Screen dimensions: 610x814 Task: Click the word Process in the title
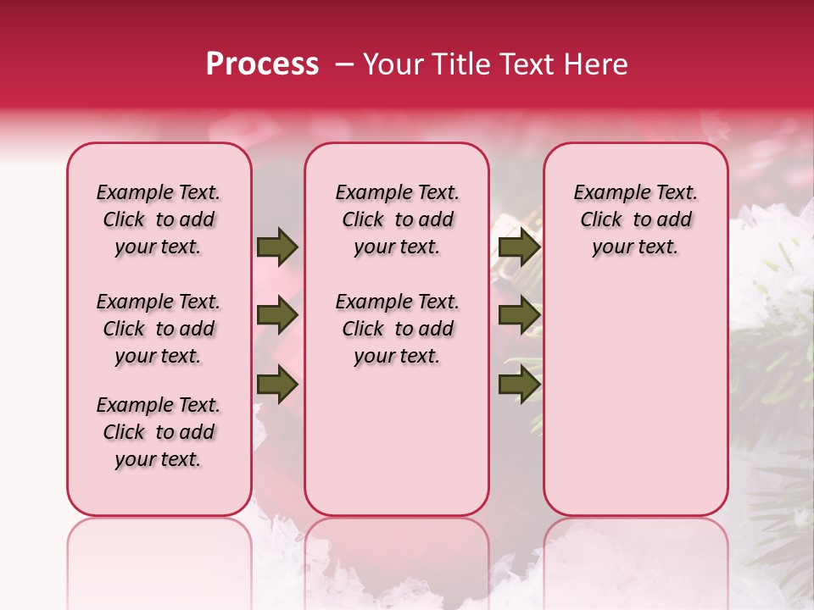[262, 64]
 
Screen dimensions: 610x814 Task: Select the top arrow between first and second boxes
[277, 247]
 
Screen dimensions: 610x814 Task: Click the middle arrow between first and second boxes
[277, 316]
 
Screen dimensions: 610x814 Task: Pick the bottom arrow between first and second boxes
[277, 385]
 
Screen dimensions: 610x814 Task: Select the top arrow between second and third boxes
[519, 247]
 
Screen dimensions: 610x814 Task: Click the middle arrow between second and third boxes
[519, 316]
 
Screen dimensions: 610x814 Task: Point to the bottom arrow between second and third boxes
[519, 385]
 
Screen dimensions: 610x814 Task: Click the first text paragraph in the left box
[159, 219]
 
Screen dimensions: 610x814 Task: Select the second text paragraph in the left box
[159, 329]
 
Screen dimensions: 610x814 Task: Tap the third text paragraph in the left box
[159, 432]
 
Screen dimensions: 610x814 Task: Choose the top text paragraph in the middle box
[397, 219]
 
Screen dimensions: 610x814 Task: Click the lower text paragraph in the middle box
[397, 329]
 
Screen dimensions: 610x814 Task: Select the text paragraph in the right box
[635, 219]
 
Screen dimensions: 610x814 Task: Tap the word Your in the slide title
[392, 64]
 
